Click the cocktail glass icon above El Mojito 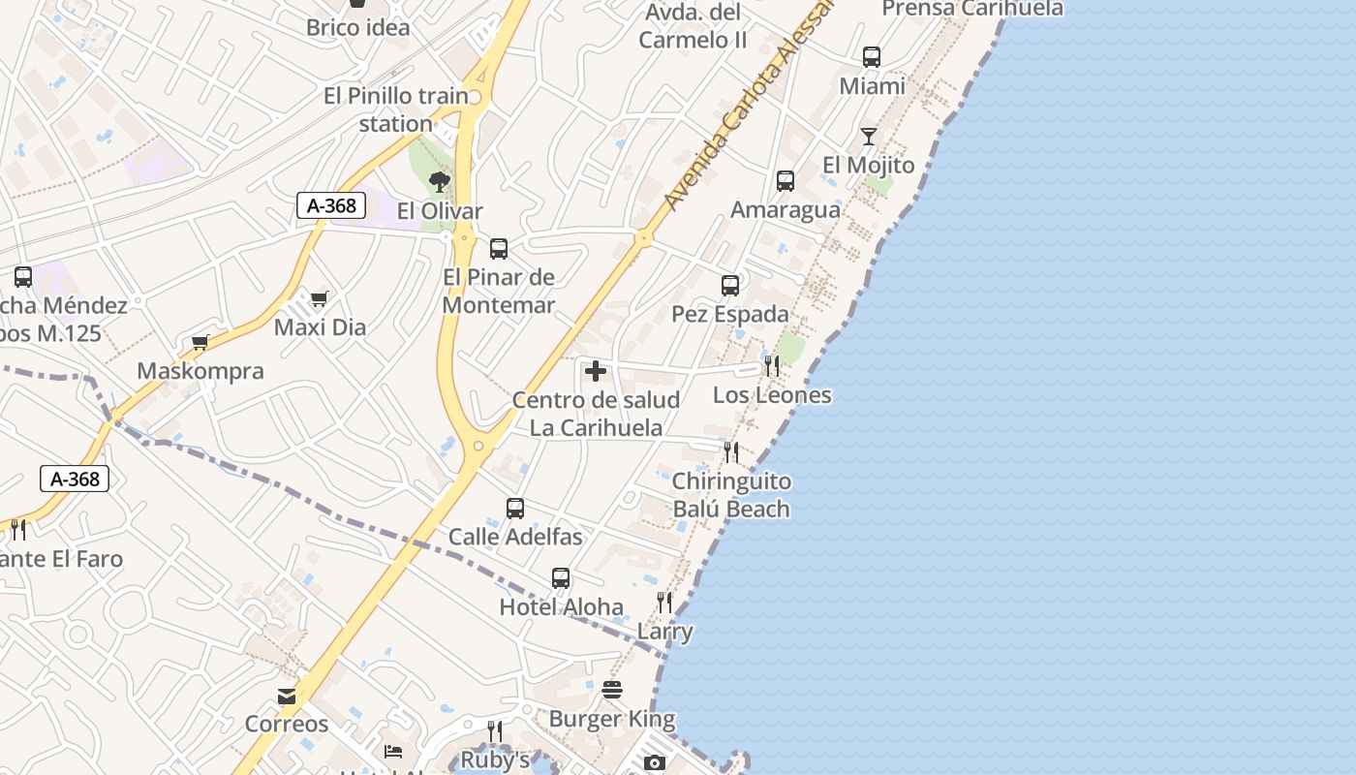click(868, 137)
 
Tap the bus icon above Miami click(872, 57)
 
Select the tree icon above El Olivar click(440, 182)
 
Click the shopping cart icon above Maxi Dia click(319, 298)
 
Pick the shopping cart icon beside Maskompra click(200, 342)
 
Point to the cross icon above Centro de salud click(596, 371)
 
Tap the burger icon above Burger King click(612, 690)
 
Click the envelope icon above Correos click(287, 696)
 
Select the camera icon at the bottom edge click(655, 763)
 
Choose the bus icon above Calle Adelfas click(515, 509)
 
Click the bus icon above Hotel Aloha click(561, 578)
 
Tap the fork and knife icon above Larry click(664, 603)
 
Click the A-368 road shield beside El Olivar click(331, 205)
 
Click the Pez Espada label click(730, 315)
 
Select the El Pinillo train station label click(396, 109)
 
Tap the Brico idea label click(358, 27)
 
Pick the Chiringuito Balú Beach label click(731, 495)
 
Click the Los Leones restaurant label click(772, 394)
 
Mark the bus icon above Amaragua click(786, 181)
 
